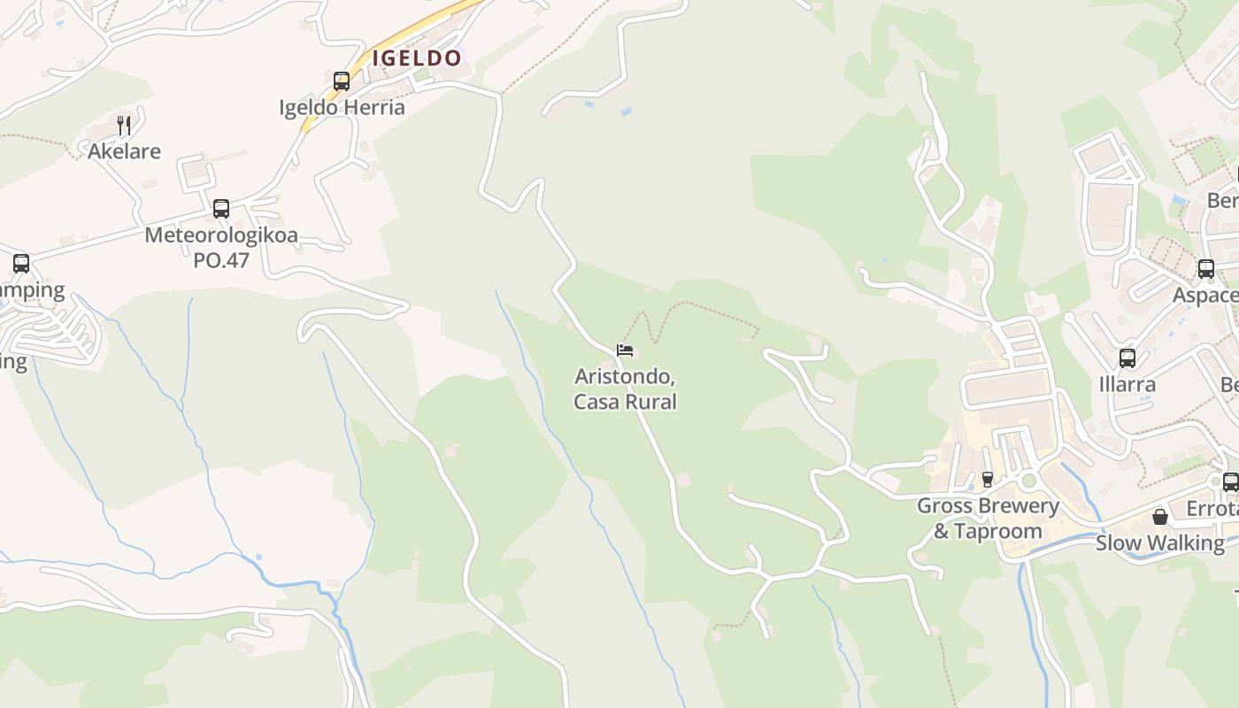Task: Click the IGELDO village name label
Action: pyautogui.click(x=417, y=58)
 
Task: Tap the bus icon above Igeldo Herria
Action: pyautogui.click(x=342, y=81)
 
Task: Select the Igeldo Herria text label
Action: pyautogui.click(x=342, y=107)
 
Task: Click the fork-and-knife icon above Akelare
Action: pyautogui.click(x=124, y=125)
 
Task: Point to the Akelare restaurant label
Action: pyautogui.click(x=124, y=151)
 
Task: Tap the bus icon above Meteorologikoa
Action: pyautogui.click(x=221, y=209)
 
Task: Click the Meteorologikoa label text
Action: pyautogui.click(x=221, y=236)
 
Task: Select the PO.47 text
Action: pyautogui.click(x=221, y=260)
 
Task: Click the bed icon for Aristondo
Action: pyautogui.click(x=625, y=350)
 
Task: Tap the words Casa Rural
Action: pyautogui.click(x=625, y=402)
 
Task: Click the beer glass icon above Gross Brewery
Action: pyautogui.click(x=988, y=479)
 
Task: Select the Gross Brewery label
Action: pyautogui.click(x=988, y=505)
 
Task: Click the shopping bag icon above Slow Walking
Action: pyautogui.click(x=1159, y=516)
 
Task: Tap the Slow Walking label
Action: pyautogui.click(x=1159, y=543)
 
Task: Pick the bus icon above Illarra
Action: pyautogui.click(x=1127, y=358)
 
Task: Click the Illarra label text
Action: pyautogui.click(x=1127, y=385)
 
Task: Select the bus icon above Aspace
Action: pyautogui.click(x=1205, y=269)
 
